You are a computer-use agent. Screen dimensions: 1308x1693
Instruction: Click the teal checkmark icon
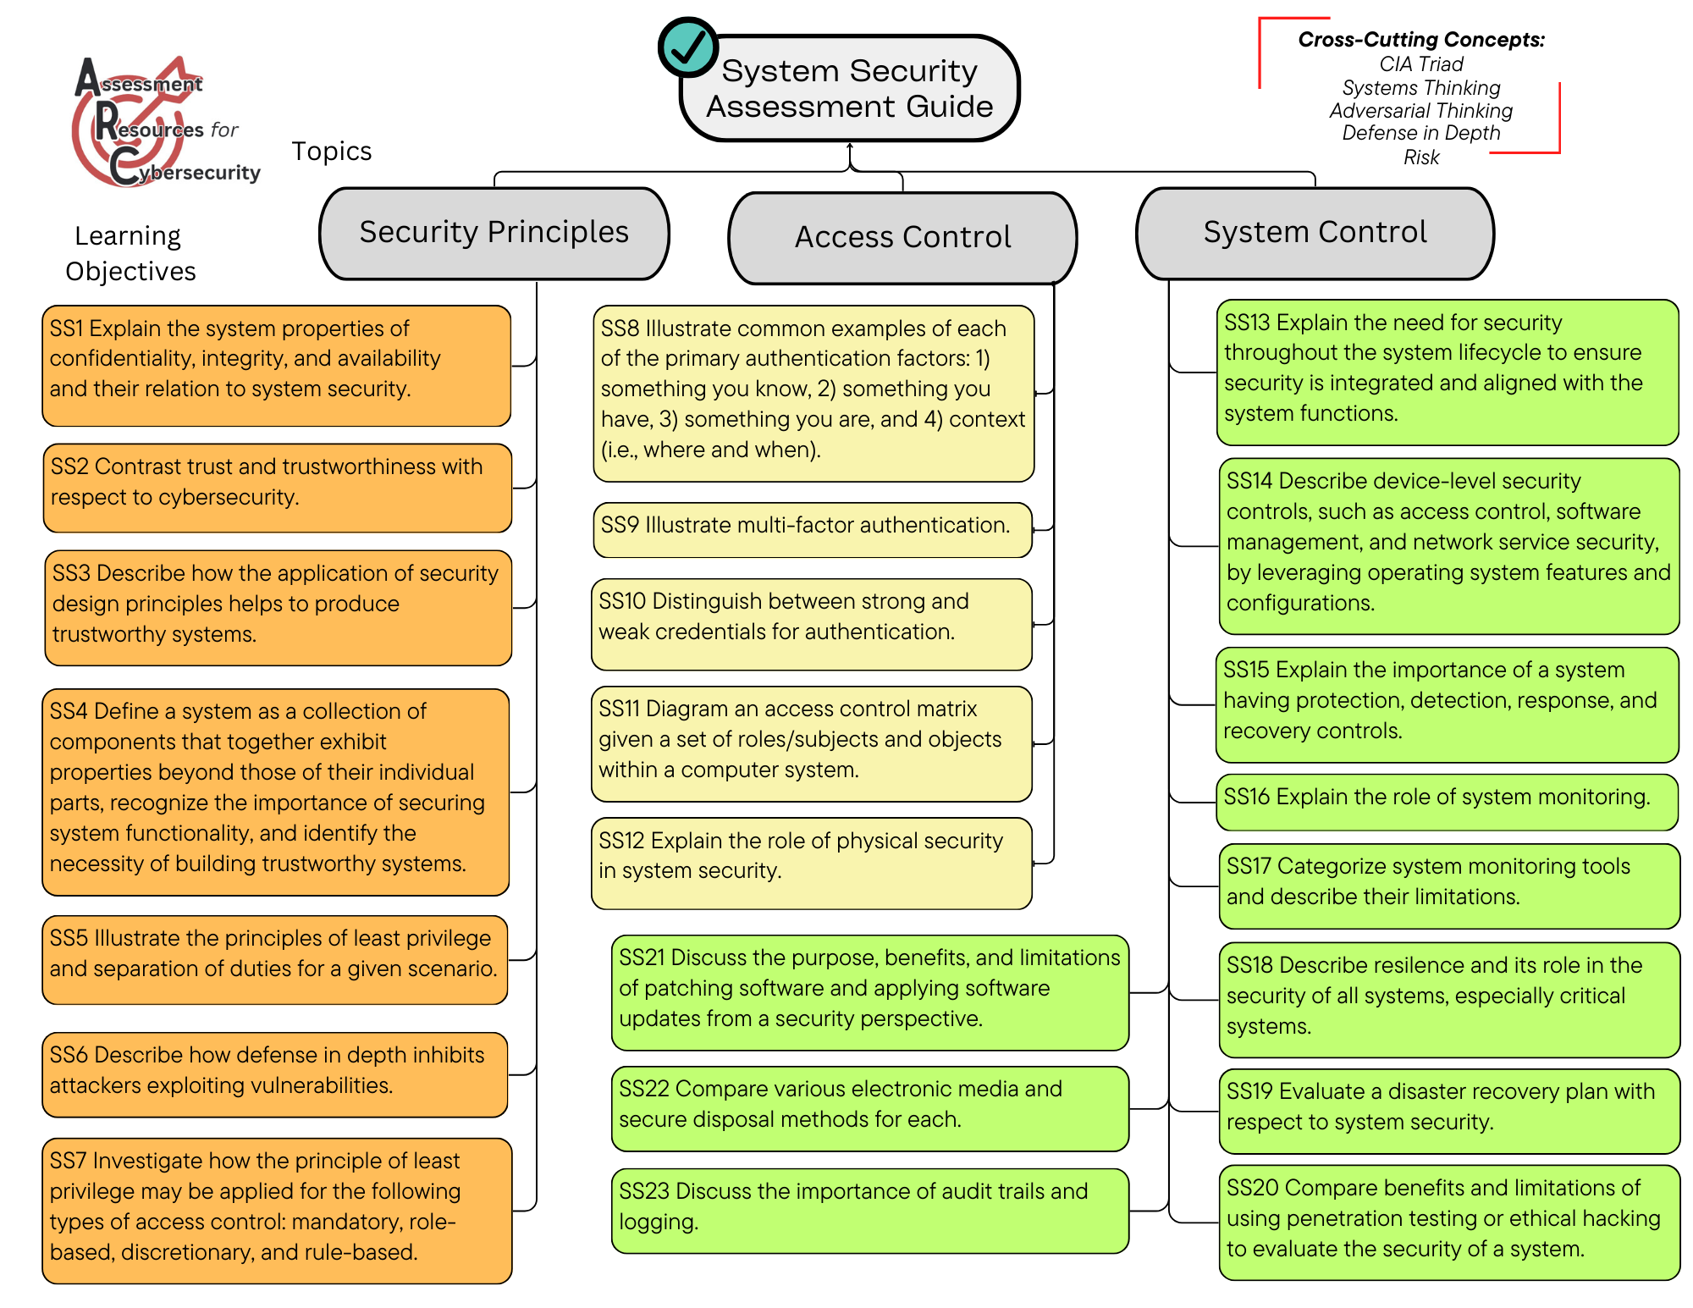(x=688, y=47)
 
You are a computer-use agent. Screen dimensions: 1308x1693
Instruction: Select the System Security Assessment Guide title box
(x=850, y=89)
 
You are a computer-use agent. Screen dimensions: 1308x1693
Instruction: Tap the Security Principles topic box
(x=494, y=233)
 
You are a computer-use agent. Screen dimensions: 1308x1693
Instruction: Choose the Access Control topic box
(x=902, y=237)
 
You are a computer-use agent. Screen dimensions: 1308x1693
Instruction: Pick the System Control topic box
(x=1315, y=233)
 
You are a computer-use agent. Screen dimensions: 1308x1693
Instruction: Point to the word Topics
(x=332, y=152)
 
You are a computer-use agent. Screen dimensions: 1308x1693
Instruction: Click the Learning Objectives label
(x=130, y=253)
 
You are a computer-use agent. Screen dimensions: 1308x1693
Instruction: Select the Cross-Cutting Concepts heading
(x=1421, y=40)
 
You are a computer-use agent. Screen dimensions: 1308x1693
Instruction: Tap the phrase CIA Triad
(x=1421, y=64)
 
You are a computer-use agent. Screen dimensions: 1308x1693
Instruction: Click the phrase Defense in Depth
(x=1421, y=133)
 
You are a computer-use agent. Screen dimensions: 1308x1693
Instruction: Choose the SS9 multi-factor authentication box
(x=813, y=530)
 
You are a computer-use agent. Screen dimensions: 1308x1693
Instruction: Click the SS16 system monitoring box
(x=1447, y=802)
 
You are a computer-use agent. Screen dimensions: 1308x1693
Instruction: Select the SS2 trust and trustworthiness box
(x=278, y=488)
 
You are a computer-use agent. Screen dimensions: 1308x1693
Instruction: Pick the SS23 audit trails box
(x=869, y=1210)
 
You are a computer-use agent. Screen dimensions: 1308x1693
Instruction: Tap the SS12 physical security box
(x=811, y=862)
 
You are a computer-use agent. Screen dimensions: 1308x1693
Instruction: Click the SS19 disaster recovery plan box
(x=1448, y=1111)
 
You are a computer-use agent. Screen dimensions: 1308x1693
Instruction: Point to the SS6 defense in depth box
(x=275, y=1073)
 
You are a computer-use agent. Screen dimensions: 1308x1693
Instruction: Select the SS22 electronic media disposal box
(x=869, y=1108)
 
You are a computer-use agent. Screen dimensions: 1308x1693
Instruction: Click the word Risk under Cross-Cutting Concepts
(x=1421, y=157)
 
